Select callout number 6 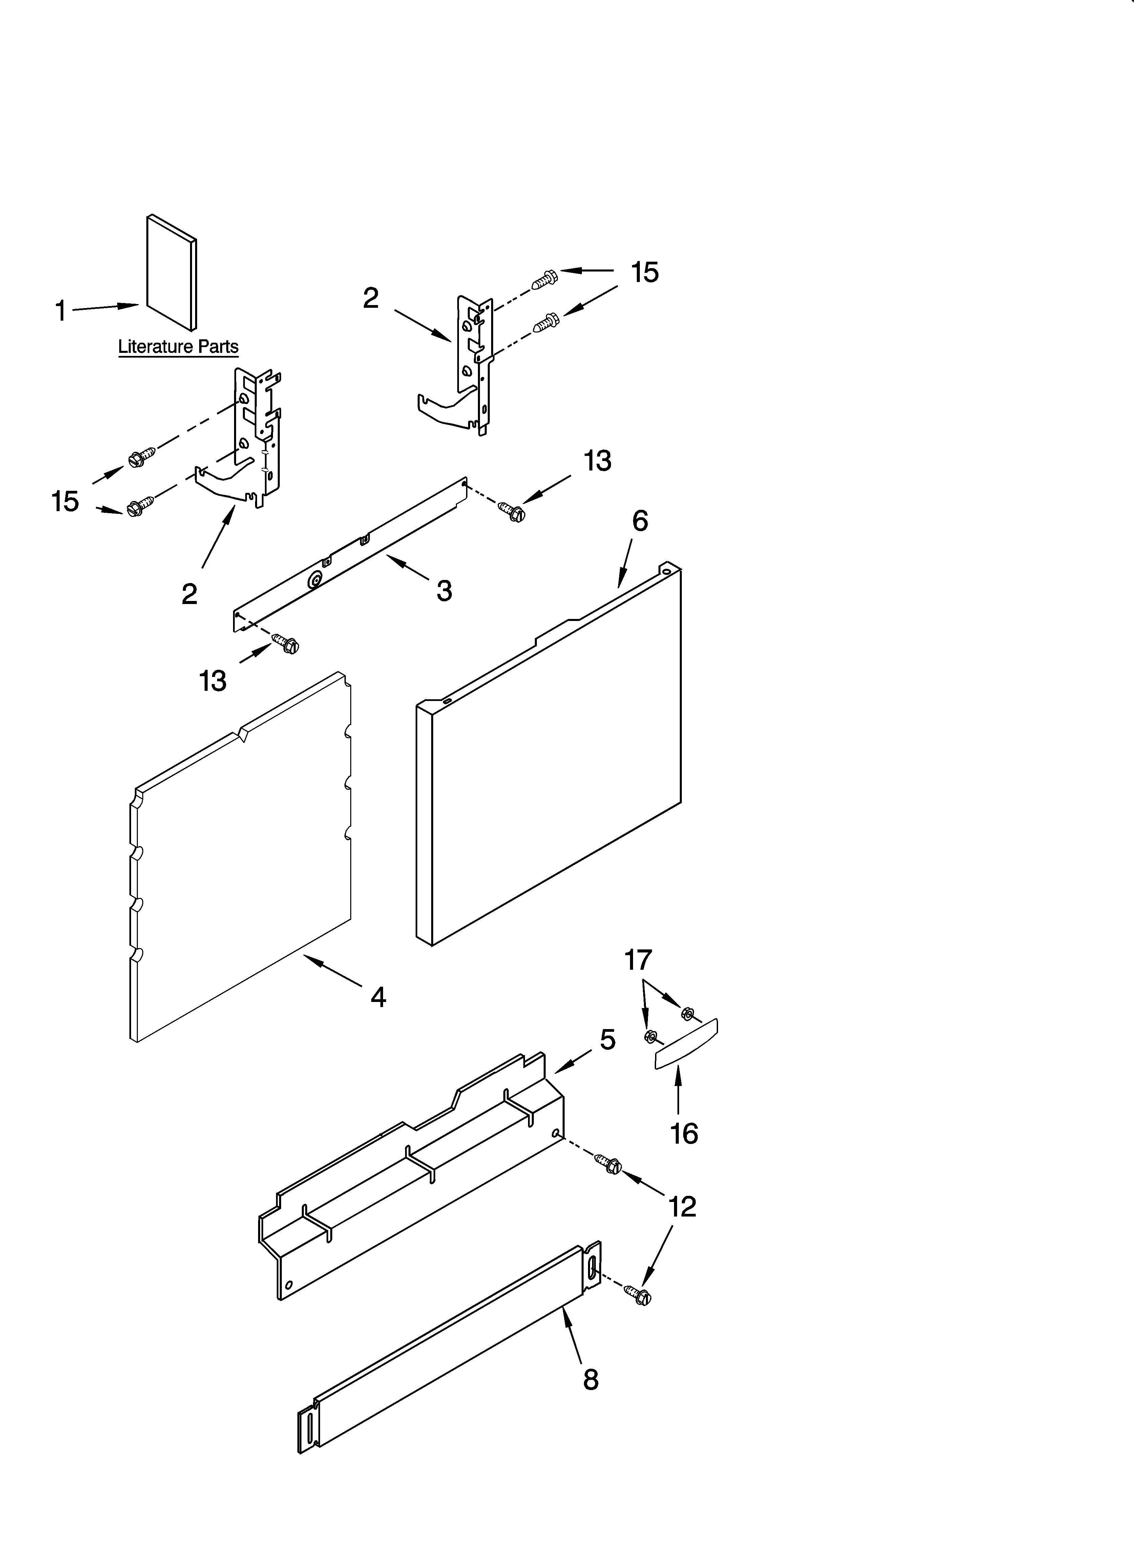(x=640, y=521)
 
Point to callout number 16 (x=684, y=1134)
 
